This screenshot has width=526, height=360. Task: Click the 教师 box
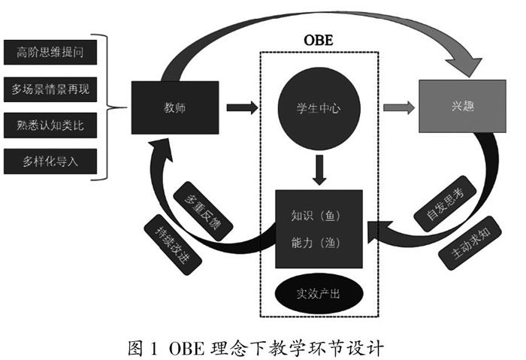coord(174,107)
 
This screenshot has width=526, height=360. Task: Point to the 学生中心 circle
coord(319,108)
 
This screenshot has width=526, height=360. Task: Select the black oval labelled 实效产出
coord(319,293)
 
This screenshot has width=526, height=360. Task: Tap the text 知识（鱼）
coord(319,216)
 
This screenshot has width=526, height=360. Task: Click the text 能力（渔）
coord(319,242)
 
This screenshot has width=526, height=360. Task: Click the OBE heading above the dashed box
coord(318,39)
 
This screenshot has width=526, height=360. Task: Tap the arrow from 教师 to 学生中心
coord(241,108)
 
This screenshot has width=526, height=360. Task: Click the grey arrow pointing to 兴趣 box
coord(397,107)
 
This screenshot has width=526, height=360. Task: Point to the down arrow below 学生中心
coord(319,169)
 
